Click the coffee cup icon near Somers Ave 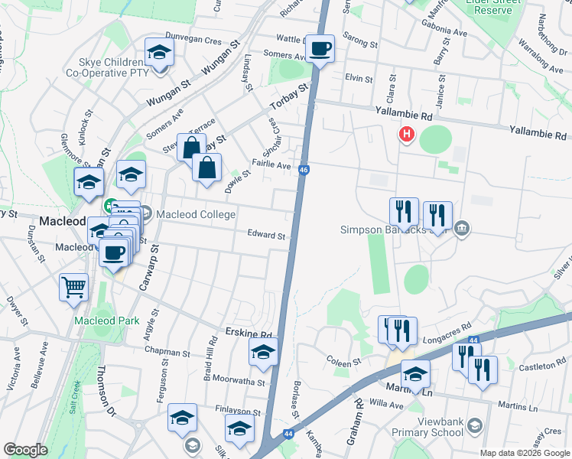(x=320, y=49)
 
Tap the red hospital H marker (x=406, y=135)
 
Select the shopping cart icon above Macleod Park (x=73, y=288)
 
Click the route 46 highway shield (x=304, y=171)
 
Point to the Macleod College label (x=196, y=214)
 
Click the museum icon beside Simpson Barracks (x=461, y=228)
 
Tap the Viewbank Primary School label (x=440, y=427)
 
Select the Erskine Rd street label (x=249, y=335)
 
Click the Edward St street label (x=266, y=236)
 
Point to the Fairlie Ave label (x=271, y=165)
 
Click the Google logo (x=25, y=450)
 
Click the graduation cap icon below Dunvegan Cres (x=159, y=52)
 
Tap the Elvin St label (x=358, y=78)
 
